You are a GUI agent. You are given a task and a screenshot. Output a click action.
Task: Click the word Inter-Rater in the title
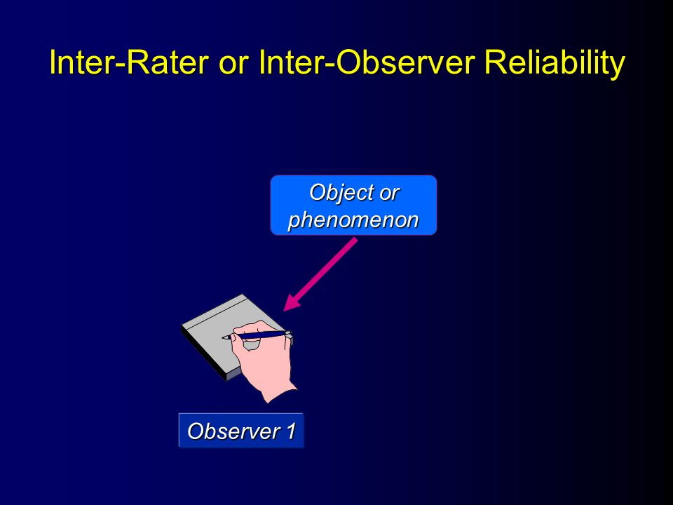click(129, 62)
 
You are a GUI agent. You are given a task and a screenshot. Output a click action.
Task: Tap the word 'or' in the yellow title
click(234, 64)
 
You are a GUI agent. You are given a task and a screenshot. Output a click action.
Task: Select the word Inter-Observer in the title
click(367, 62)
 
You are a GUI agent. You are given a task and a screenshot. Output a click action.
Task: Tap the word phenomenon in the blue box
click(353, 220)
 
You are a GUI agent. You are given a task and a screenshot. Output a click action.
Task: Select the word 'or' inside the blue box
click(390, 194)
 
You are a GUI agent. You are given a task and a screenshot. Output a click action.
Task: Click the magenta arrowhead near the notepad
click(293, 301)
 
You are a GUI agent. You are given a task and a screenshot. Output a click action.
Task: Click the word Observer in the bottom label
click(233, 431)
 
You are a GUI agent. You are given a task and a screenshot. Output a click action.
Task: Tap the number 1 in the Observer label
click(290, 431)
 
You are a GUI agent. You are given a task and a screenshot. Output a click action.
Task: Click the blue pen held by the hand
click(257, 335)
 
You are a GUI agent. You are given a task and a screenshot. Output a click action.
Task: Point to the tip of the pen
click(223, 338)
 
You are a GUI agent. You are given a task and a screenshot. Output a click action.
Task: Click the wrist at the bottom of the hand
click(279, 391)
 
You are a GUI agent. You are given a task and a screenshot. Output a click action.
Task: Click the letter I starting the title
click(53, 62)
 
